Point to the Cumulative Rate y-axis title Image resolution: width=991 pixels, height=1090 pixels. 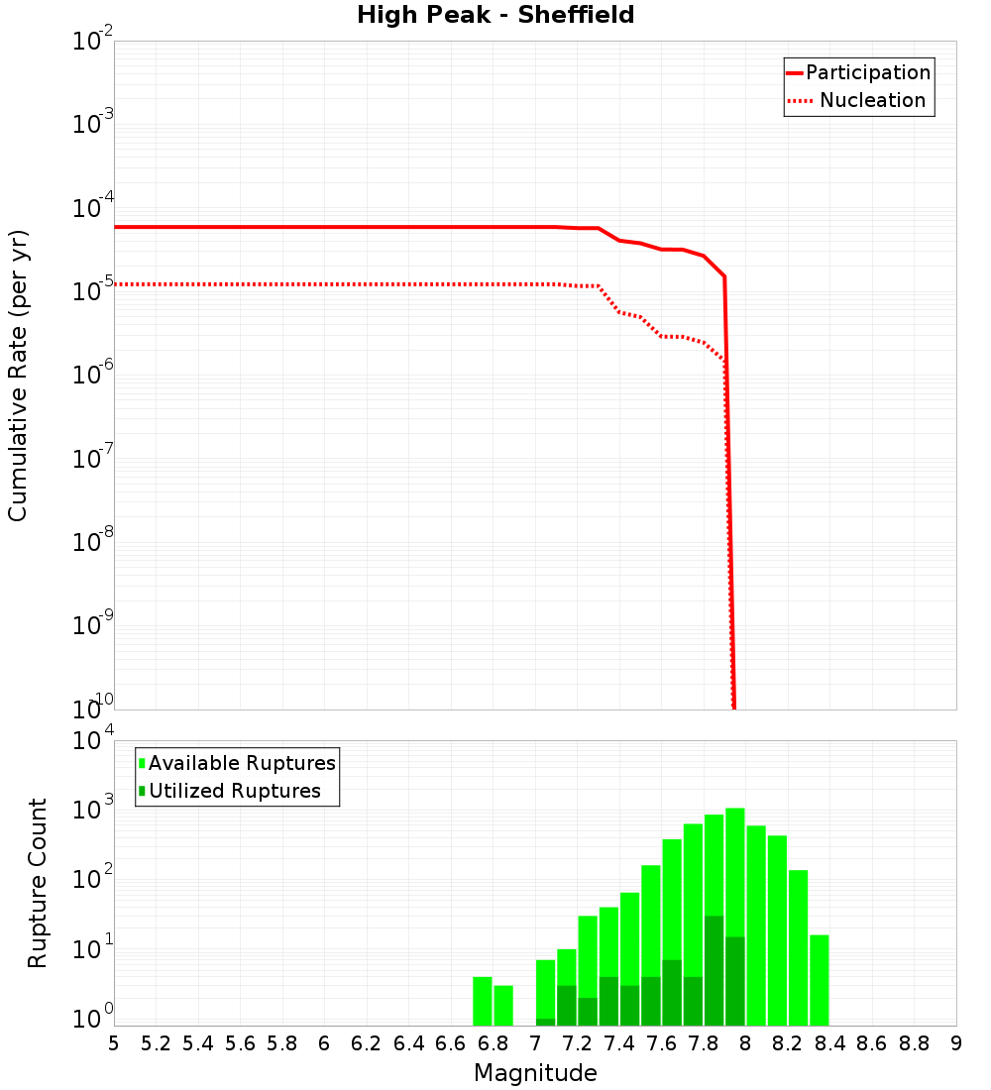[18, 375]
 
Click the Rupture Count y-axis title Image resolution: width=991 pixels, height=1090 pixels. [38, 883]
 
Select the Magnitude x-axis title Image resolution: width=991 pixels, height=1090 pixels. [535, 1073]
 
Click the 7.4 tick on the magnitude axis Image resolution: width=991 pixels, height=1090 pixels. [619, 1043]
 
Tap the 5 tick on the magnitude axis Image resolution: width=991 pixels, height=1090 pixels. [114, 1043]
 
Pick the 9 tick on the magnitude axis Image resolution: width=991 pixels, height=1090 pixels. [956, 1043]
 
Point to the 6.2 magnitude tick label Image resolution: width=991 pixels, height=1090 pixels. [367, 1043]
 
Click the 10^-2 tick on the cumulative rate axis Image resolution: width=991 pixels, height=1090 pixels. [93, 42]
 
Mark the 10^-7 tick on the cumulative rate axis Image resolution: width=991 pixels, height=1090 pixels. [93, 459]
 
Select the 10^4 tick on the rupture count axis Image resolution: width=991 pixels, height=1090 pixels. [93, 741]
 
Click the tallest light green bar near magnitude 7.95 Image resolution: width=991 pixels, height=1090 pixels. [735, 892]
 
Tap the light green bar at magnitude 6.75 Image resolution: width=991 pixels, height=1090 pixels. [483, 1001]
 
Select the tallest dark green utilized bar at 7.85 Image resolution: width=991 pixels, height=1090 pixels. [714, 971]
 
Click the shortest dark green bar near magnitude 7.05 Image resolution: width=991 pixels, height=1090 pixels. [545, 1022]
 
